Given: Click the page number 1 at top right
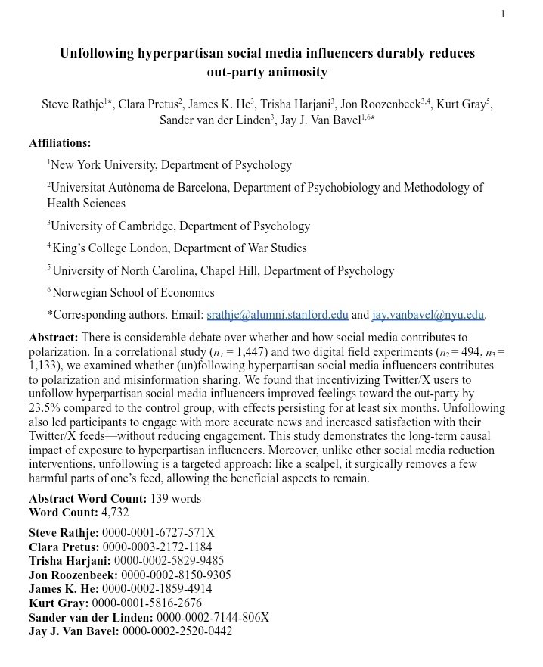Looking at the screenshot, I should coord(503,14).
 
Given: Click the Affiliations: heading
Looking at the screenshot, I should coord(60,143).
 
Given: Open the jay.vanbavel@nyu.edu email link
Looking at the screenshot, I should coord(427,316).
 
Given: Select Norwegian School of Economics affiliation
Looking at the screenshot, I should coord(133,293).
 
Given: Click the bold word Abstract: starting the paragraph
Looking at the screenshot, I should coord(53,337).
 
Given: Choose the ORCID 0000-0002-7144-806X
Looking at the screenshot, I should coord(209,617).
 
